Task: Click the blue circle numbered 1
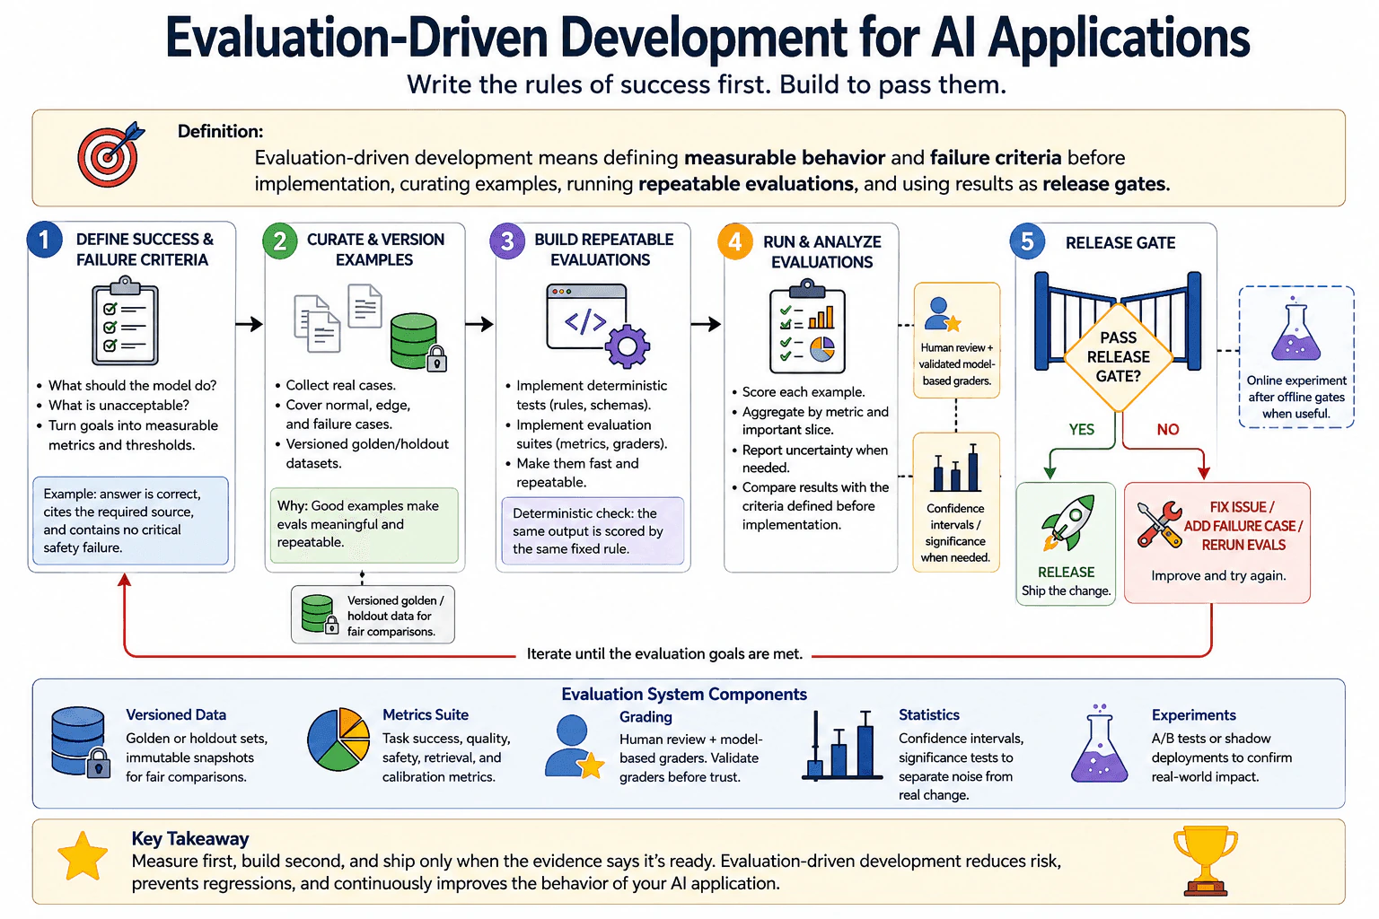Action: tap(44, 240)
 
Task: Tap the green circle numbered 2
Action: tap(280, 241)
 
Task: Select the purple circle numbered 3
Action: tap(507, 241)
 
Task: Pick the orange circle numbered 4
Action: tap(735, 241)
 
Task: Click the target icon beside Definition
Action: tap(110, 154)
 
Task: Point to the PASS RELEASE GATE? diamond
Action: tap(1118, 357)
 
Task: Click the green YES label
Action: tap(1082, 430)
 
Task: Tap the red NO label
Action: tap(1168, 430)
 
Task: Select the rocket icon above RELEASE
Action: tap(1067, 522)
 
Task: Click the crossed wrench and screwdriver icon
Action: tap(1160, 524)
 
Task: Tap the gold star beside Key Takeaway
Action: tap(83, 856)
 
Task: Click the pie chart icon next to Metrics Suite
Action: tap(338, 740)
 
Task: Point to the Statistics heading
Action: tap(929, 714)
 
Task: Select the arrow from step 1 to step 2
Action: tap(250, 324)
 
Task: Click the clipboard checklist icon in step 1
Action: tap(125, 320)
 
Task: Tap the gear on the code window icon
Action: tap(628, 346)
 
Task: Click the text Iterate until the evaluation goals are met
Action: tap(664, 653)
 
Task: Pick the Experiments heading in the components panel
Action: tap(1194, 714)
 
